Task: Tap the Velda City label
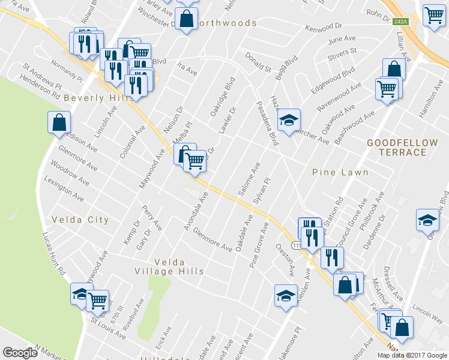coord(80,220)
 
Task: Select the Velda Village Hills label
coord(179,266)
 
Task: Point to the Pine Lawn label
coord(340,172)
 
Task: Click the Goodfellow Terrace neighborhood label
coord(396,147)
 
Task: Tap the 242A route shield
coord(400,22)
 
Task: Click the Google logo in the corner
coord(20,353)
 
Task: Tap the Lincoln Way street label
coord(427,313)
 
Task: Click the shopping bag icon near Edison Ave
coord(59,122)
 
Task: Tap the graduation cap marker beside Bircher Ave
coord(289,120)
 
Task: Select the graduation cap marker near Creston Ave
coord(286,295)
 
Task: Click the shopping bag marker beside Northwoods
coord(187,18)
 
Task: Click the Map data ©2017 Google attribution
coord(412,355)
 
